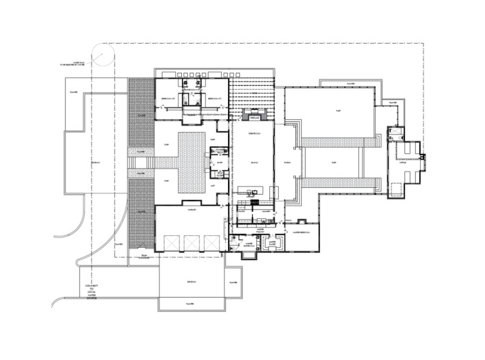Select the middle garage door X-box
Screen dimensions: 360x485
pyautogui.click(x=193, y=242)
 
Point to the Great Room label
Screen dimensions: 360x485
pyautogui.click(x=252, y=133)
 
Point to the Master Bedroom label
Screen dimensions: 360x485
pyautogui.click(x=301, y=232)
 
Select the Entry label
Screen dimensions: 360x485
pyautogui.click(x=220, y=162)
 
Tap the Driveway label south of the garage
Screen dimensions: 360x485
pyautogui.click(x=191, y=282)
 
